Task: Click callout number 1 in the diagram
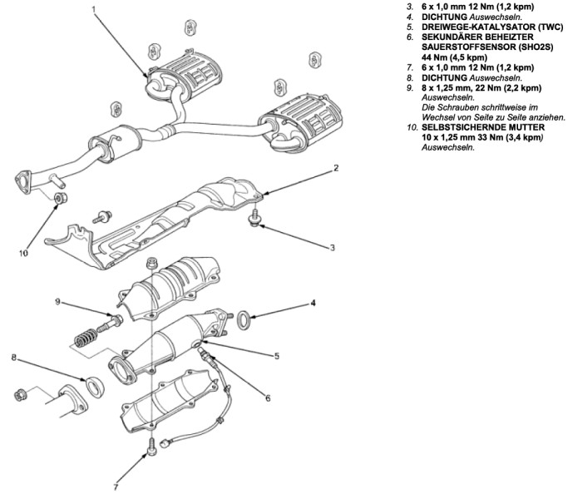(x=94, y=10)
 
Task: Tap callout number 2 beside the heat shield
(x=335, y=169)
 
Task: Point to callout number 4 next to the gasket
(x=313, y=304)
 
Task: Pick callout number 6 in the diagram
(x=268, y=398)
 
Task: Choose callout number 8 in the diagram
(x=14, y=358)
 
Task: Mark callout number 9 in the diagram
(x=57, y=302)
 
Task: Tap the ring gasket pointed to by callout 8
(x=96, y=385)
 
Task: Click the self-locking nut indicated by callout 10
(x=60, y=198)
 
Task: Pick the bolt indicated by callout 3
(x=254, y=220)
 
